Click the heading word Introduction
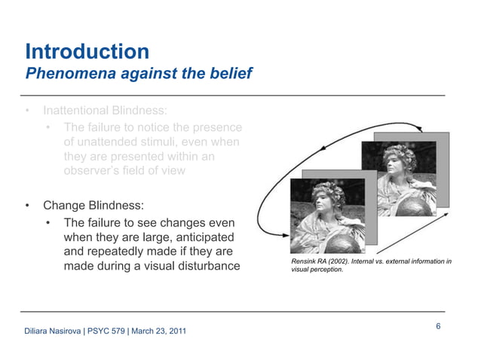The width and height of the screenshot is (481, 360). click(87, 52)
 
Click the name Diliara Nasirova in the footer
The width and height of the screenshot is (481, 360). click(53, 332)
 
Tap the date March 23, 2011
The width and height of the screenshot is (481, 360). click(160, 332)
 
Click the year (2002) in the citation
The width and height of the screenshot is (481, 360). click(331, 261)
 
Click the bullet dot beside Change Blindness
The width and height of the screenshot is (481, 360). click(28, 205)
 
